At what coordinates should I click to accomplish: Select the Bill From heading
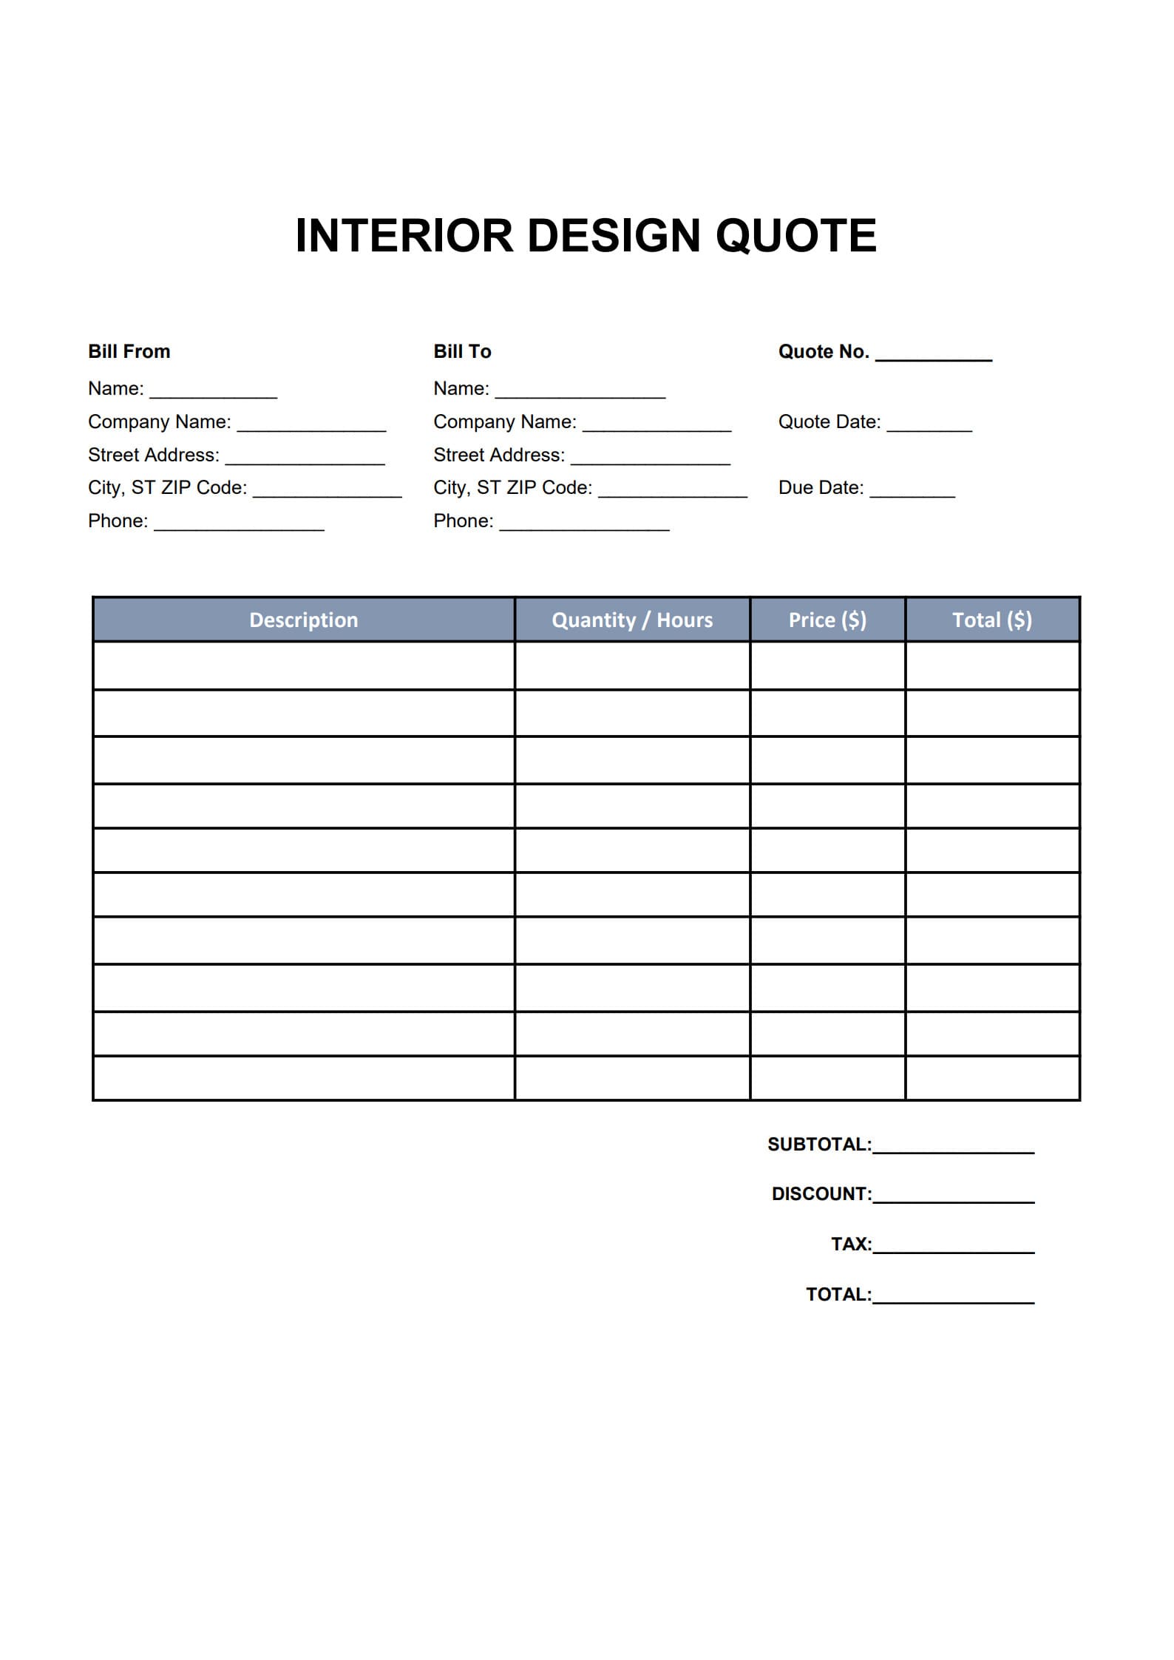pos(129,351)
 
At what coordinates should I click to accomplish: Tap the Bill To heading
pos(462,351)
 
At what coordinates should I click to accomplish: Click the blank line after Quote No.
pos(933,356)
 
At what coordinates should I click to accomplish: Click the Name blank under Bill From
pos(213,394)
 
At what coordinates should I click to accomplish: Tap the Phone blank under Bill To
pos(584,526)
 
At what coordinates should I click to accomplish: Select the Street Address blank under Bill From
pos(305,460)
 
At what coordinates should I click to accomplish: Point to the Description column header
pos(303,620)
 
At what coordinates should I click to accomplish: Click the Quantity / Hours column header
pos(632,620)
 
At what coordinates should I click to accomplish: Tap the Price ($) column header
pos(827,620)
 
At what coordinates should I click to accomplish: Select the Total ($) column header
pos(991,620)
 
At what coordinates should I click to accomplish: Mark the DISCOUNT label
pos(821,1193)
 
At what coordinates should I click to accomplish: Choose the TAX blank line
pos(953,1249)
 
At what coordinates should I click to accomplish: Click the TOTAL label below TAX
pos(838,1294)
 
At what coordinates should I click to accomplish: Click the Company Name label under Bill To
pos(504,421)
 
